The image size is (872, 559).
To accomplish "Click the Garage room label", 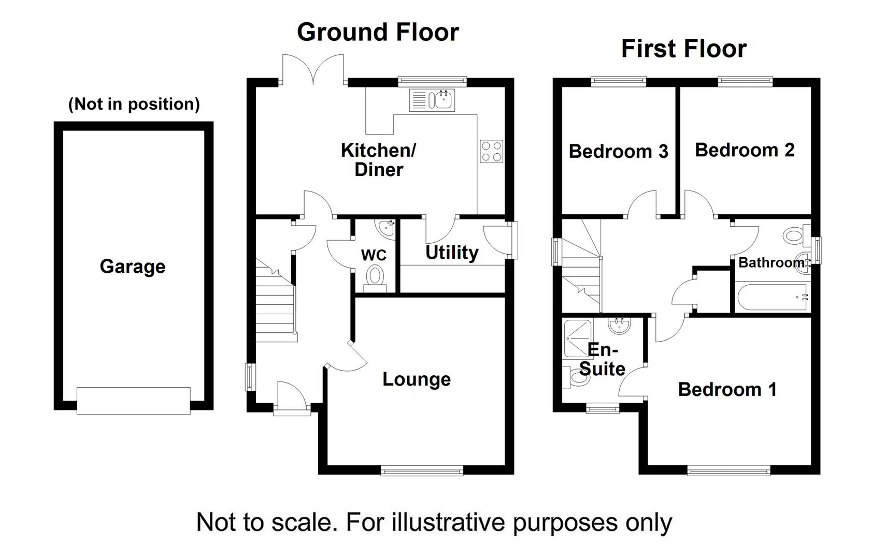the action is coord(133,267).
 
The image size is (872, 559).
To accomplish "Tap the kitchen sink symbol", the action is coord(432,100).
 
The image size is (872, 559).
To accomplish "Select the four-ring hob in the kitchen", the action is coord(491,151).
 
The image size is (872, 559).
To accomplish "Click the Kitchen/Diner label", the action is coord(379,160).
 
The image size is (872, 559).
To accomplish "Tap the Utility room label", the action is coord(452,253).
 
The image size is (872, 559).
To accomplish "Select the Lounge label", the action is coord(417,379).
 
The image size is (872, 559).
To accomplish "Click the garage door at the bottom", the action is coord(134,401).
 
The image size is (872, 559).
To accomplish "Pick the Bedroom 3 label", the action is coord(619,151).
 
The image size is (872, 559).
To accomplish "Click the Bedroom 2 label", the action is coord(745,150).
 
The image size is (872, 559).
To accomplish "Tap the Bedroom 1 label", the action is coord(727,389).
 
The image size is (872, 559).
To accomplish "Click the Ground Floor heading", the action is coord(378,32).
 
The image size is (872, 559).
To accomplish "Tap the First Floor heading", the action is coord(684,49).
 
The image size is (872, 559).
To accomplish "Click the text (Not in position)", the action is coord(134,104).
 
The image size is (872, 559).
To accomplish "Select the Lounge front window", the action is coord(422,470).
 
